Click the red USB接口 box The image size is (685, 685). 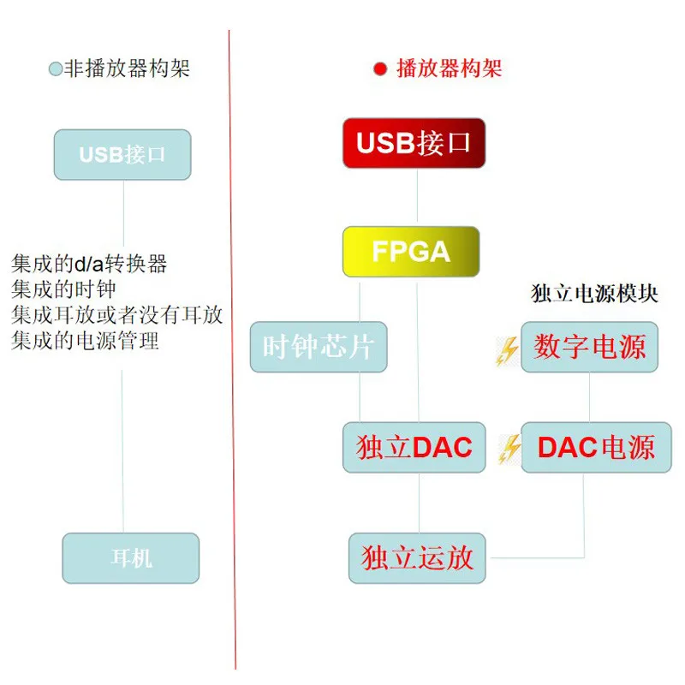[414, 143]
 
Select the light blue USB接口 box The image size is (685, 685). [122, 155]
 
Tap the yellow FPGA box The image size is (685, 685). [411, 252]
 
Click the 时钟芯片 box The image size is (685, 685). [319, 347]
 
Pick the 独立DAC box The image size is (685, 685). [414, 447]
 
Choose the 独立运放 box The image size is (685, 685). [417, 558]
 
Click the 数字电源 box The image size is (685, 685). [589, 347]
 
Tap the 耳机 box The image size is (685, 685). [131, 558]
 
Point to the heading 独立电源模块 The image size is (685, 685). [595, 294]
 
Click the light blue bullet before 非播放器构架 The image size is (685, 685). [56, 69]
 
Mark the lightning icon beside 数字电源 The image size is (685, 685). [508, 351]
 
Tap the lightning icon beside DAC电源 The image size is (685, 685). [509, 449]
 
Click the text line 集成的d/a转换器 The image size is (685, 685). [89, 264]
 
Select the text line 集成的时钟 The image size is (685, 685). [63, 289]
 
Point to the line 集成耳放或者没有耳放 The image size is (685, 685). [117, 315]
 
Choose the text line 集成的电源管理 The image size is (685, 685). [86, 341]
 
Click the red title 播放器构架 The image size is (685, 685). [449, 69]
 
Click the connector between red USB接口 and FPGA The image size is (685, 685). [417, 197]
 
